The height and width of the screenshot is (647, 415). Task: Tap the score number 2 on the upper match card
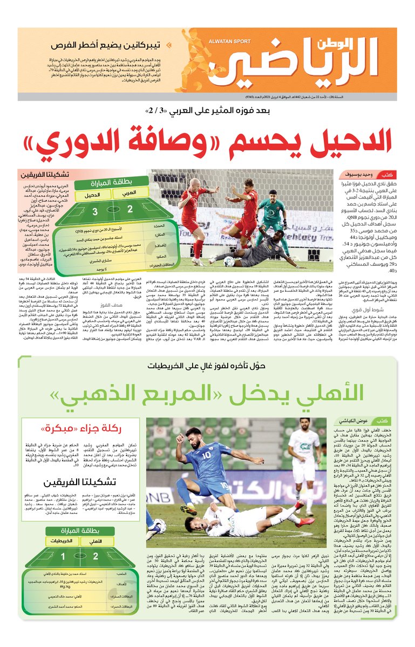(x=130, y=209)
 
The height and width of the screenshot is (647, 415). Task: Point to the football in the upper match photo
(x=229, y=261)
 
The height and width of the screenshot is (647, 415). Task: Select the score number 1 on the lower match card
(x=63, y=556)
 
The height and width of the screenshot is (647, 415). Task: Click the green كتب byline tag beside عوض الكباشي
(x=384, y=420)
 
